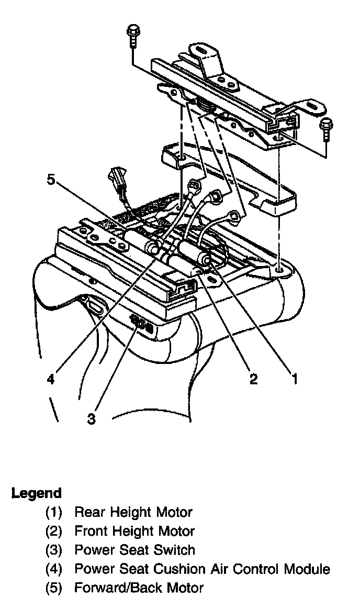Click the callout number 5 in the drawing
(x=51, y=180)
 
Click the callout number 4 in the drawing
(x=50, y=378)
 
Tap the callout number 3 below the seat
(x=92, y=419)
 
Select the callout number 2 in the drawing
(x=253, y=379)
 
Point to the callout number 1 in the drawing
(x=295, y=378)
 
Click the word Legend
(x=37, y=493)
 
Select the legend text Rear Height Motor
(x=133, y=512)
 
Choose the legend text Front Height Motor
(x=134, y=531)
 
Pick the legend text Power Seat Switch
(x=134, y=550)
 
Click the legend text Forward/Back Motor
(x=139, y=588)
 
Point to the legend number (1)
(x=54, y=512)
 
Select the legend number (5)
(x=54, y=588)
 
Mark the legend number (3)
(x=54, y=550)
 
